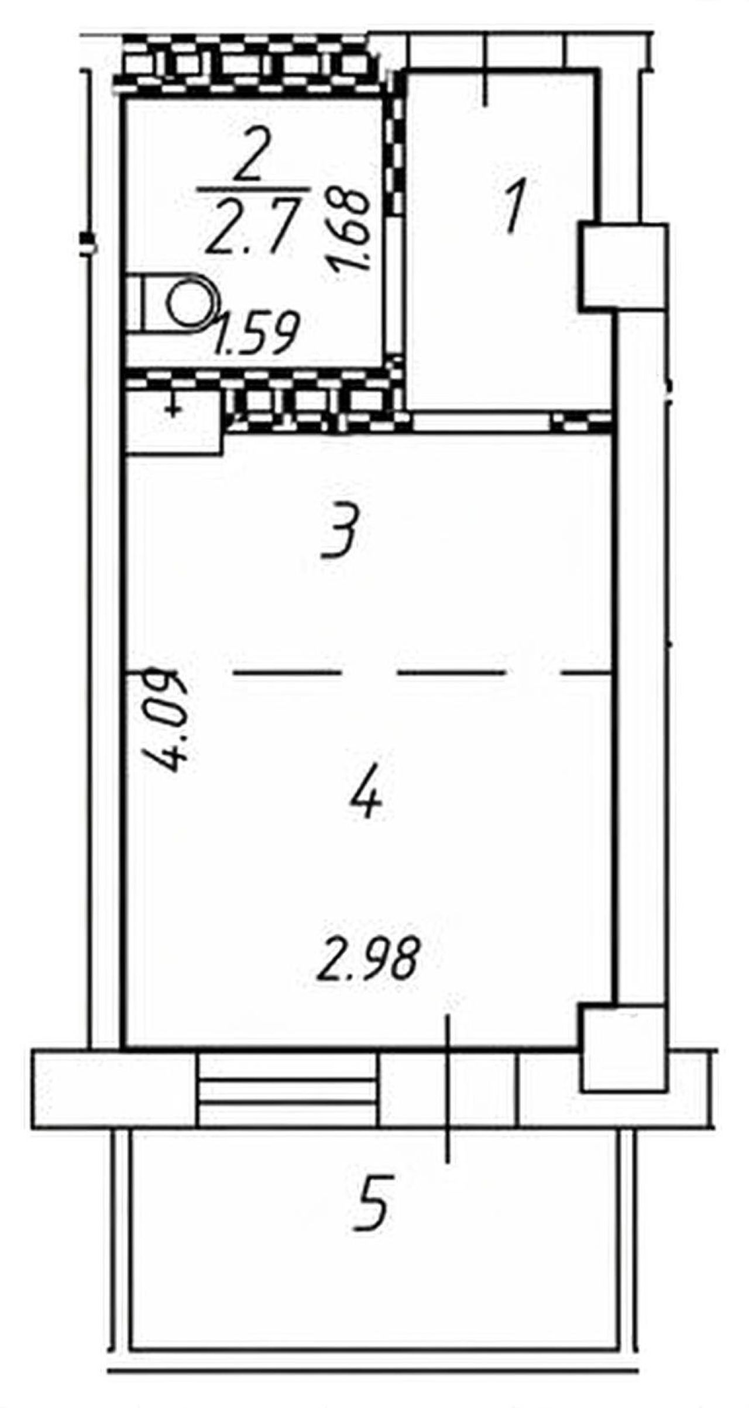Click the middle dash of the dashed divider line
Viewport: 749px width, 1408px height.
(x=451, y=673)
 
